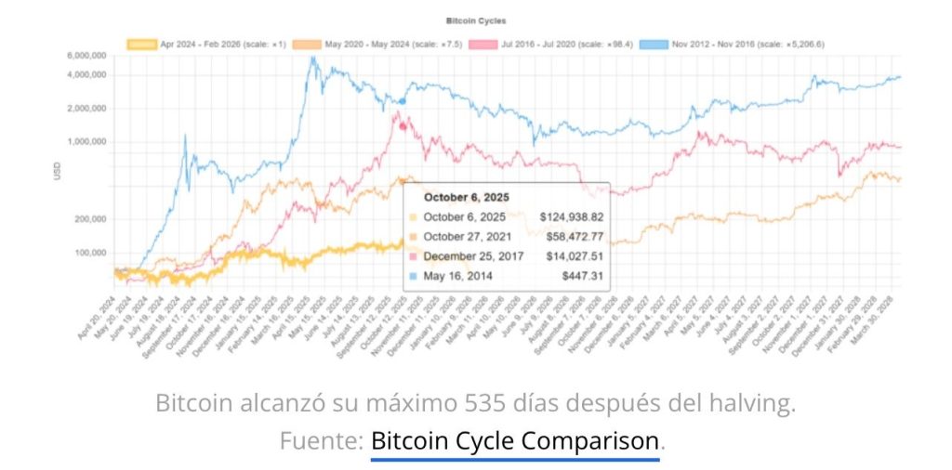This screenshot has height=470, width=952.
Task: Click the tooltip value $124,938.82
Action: [x=565, y=217]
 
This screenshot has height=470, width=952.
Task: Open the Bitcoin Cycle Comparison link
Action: [x=515, y=441]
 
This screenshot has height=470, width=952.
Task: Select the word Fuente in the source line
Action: [x=318, y=441]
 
